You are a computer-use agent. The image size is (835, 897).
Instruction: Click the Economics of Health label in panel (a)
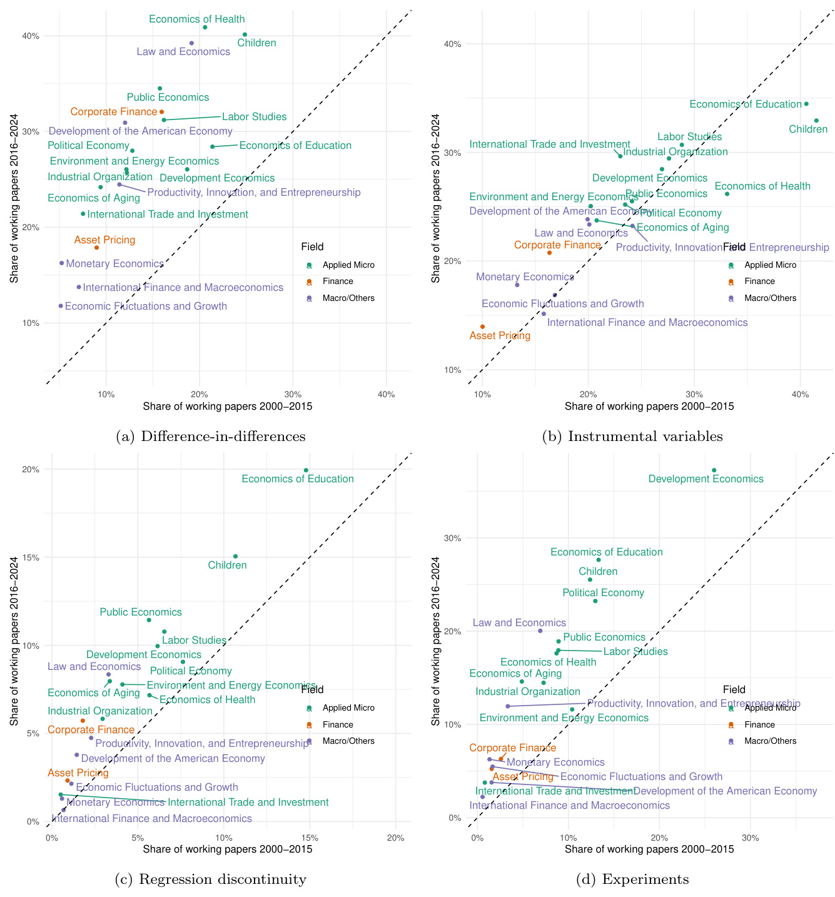tap(197, 19)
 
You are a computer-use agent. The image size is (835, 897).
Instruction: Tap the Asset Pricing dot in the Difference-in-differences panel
tap(96, 248)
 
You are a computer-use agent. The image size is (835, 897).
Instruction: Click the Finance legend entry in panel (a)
tap(338, 281)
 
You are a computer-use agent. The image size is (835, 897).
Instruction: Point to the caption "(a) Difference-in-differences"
tap(211, 437)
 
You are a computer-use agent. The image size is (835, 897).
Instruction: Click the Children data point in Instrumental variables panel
tap(816, 121)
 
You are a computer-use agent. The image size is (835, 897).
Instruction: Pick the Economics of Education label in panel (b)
tap(745, 104)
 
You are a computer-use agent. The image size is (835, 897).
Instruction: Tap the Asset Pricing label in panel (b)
tap(500, 336)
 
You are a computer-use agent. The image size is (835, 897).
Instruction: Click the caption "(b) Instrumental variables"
tap(632, 437)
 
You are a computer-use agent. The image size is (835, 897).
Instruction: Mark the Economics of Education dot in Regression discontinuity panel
tap(306, 470)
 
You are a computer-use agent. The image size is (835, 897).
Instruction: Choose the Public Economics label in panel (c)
tap(141, 612)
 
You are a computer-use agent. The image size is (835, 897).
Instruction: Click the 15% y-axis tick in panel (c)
tap(31, 558)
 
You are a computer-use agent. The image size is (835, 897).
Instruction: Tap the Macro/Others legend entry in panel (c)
tap(348, 741)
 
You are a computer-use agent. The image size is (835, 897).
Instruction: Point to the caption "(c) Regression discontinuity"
tap(211, 879)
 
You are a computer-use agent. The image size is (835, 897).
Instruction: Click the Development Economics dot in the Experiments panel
tap(714, 470)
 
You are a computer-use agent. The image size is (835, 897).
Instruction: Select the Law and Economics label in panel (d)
tap(519, 623)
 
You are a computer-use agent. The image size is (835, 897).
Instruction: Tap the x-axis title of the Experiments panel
tap(649, 849)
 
